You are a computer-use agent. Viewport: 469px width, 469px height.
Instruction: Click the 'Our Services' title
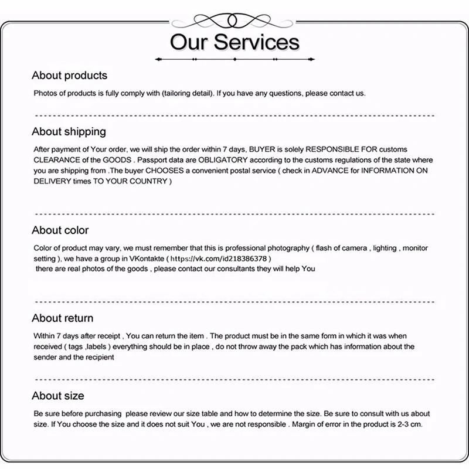235,42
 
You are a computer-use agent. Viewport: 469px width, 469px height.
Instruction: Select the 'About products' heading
69,76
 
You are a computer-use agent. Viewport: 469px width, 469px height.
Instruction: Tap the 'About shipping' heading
69,131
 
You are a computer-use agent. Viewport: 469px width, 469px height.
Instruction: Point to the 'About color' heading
60,230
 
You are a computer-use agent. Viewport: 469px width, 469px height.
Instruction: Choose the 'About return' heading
62,318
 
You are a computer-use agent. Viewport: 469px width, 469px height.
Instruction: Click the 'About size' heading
57,396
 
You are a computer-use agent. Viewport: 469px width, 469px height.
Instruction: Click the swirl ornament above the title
235,18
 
